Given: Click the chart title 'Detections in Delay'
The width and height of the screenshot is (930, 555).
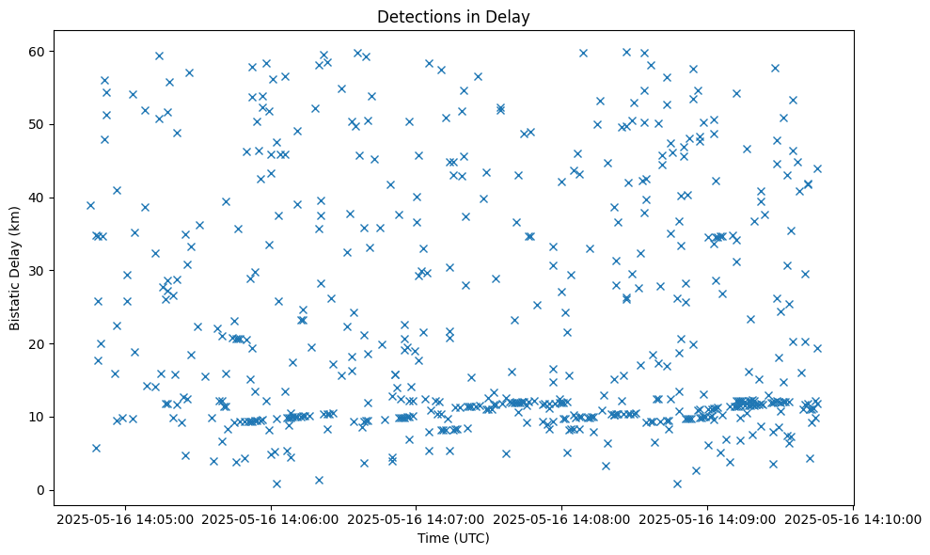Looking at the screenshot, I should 454,16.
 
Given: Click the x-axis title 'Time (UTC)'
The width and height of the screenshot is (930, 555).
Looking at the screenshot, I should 454,539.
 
